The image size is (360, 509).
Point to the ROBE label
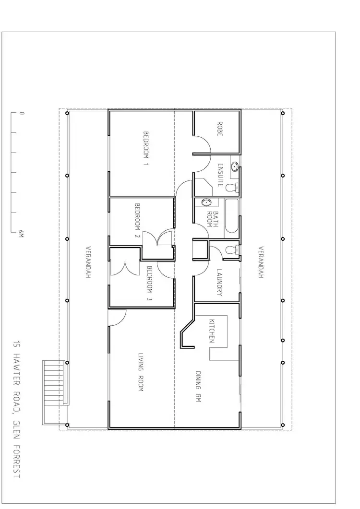point(219,129)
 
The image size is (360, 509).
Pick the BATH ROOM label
point(212,219)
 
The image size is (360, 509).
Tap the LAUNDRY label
point(219,282)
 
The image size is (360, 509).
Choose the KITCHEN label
point(211,331)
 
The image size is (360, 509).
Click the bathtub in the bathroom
point(231,216)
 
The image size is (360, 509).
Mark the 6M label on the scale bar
point(21,234)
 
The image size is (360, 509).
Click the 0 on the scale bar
point(21,114)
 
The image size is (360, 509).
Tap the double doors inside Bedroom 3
point(126,268)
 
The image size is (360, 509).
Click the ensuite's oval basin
point(235,166)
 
